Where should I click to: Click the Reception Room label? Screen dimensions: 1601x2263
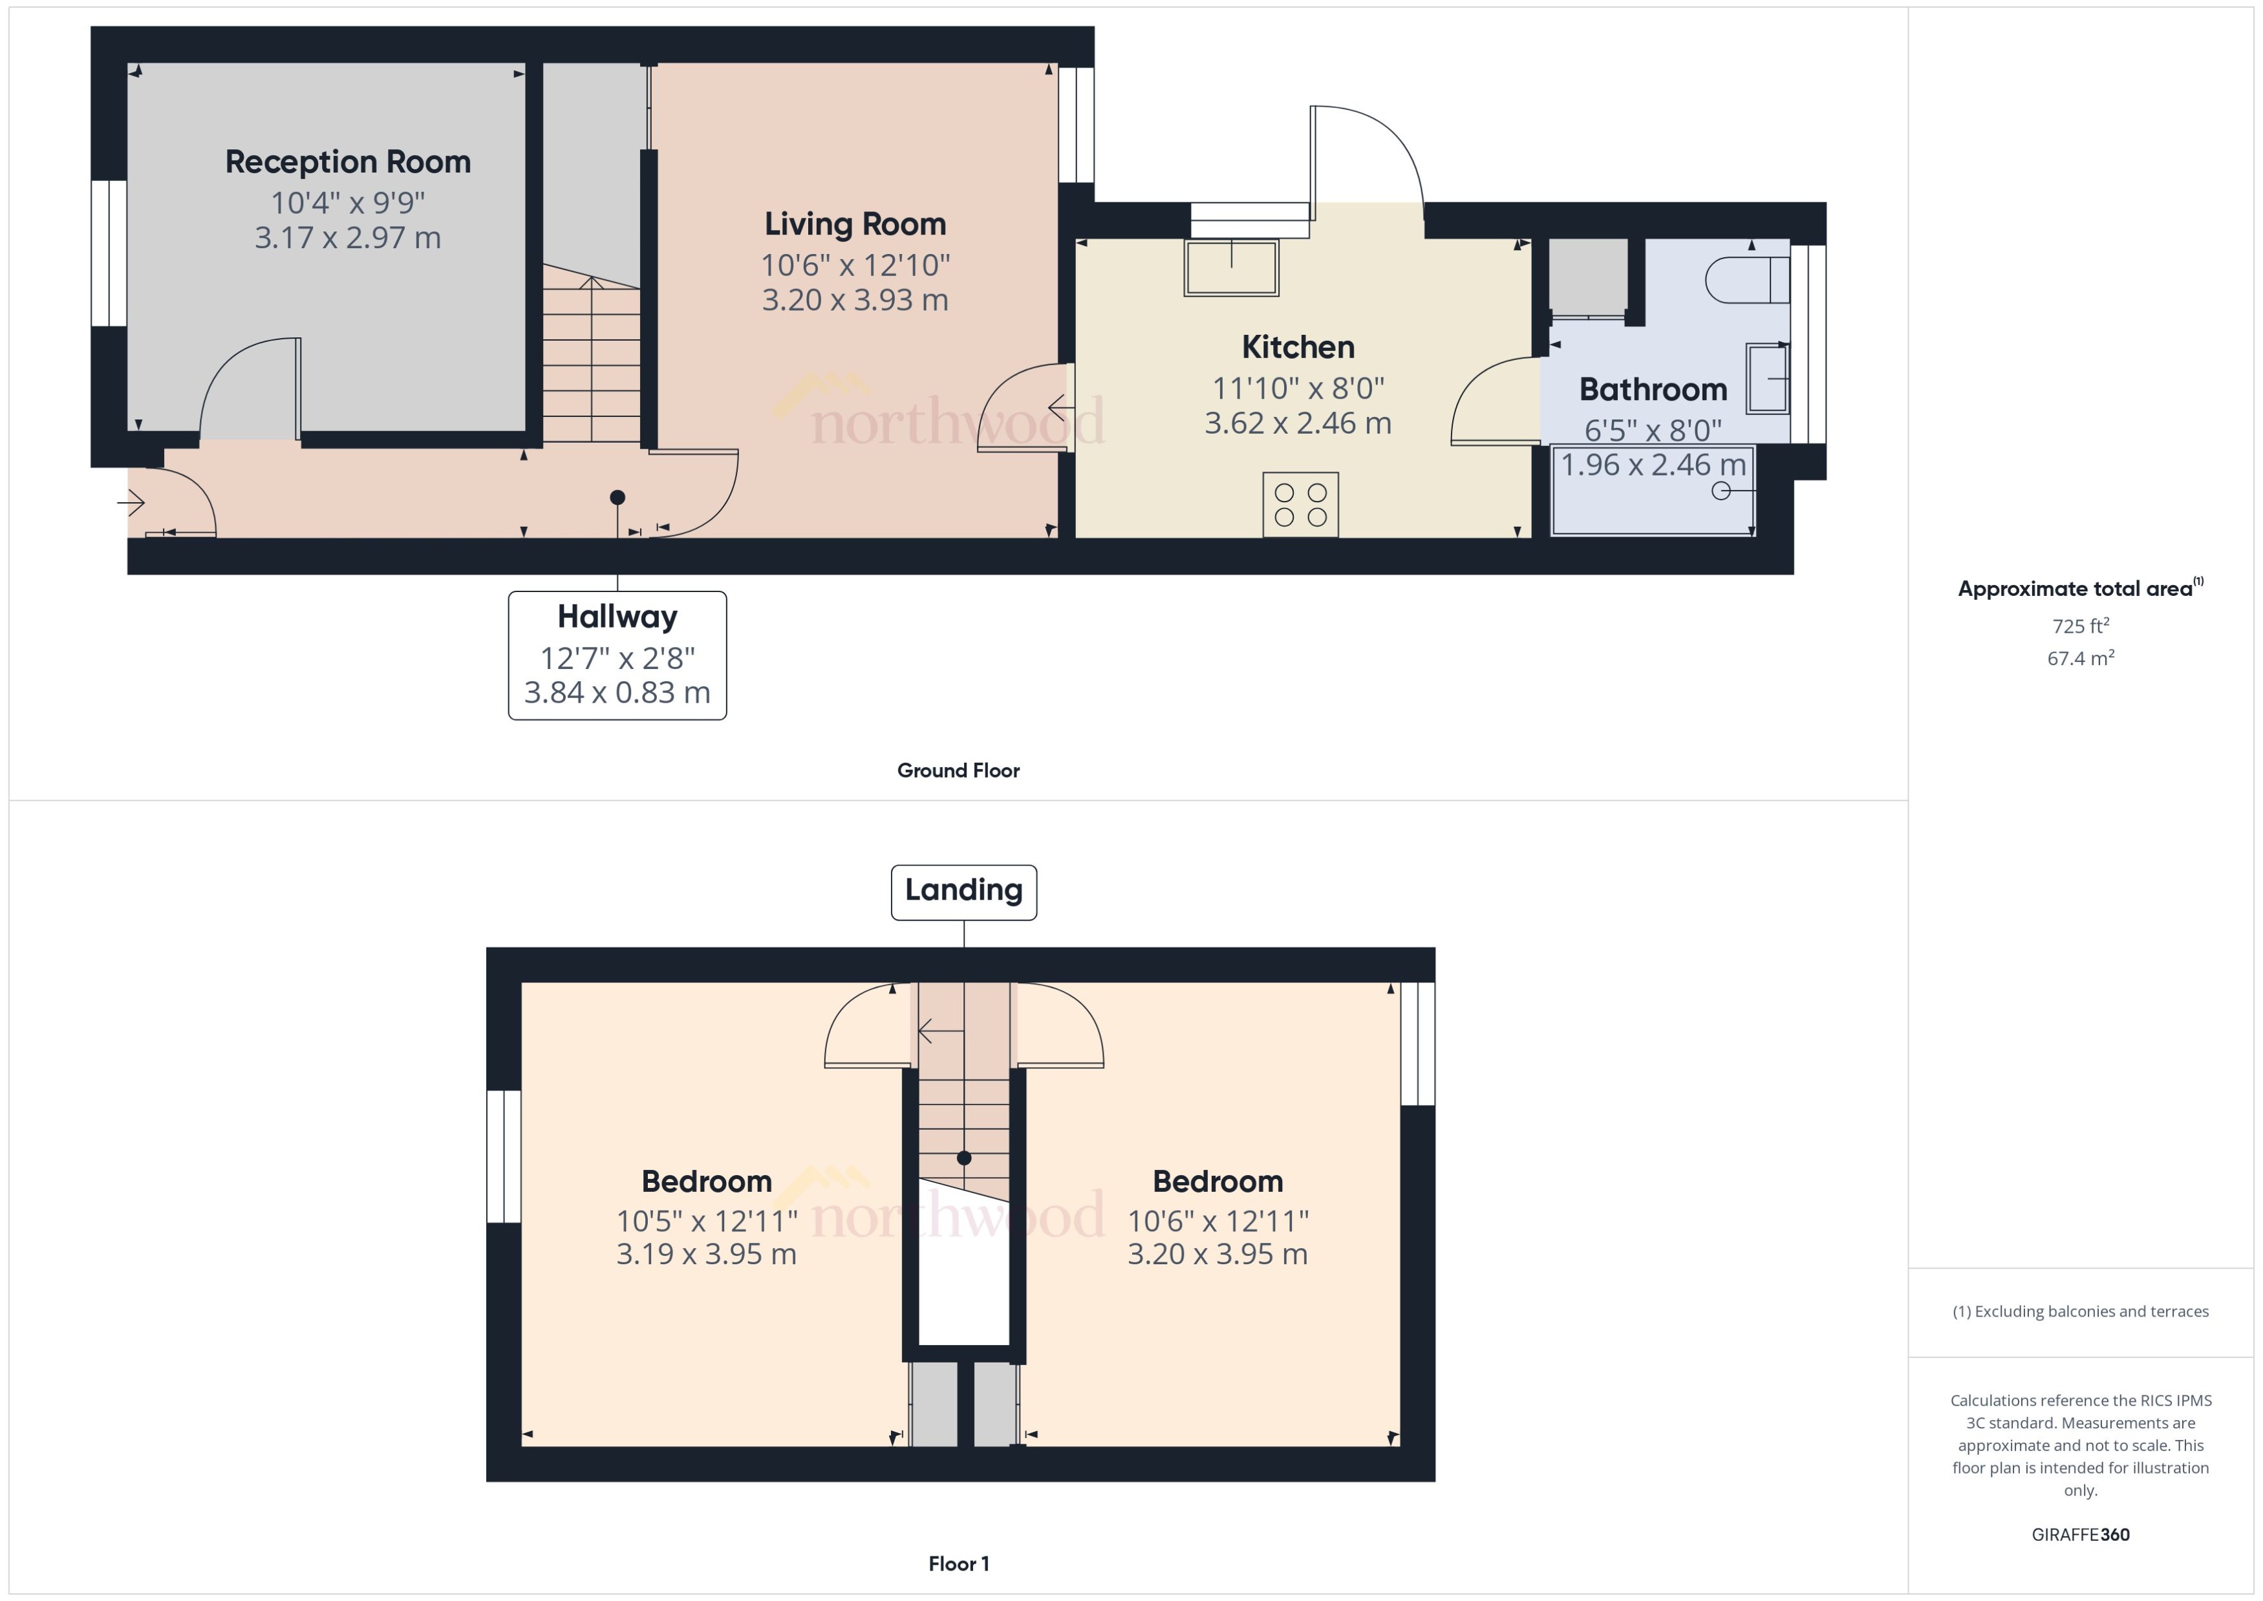pyautogui.click(x=347, y=162)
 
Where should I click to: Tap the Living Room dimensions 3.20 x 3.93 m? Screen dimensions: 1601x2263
pyautogui.click(x=854, y=300)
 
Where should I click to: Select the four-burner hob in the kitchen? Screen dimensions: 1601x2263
pyautogui.click(x=1300, y=505)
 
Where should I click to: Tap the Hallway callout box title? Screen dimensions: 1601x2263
pyautogui.click(x=617, y=617)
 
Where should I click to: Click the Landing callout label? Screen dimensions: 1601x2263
pyautogui.click(x=963, y=890)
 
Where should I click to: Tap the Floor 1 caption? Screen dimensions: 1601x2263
pyautogui.click(x=958, y=1564)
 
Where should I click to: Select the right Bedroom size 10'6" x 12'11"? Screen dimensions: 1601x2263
pyautogui.click(x=1217, y=1222)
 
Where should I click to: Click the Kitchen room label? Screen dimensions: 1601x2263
pyautogui.click(x=1298, y=347)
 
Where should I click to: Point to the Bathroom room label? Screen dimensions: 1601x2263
pyautogui.click(x=1653, y=389)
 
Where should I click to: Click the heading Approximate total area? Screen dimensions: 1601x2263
pyautogui.click(x=2075, y=589)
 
